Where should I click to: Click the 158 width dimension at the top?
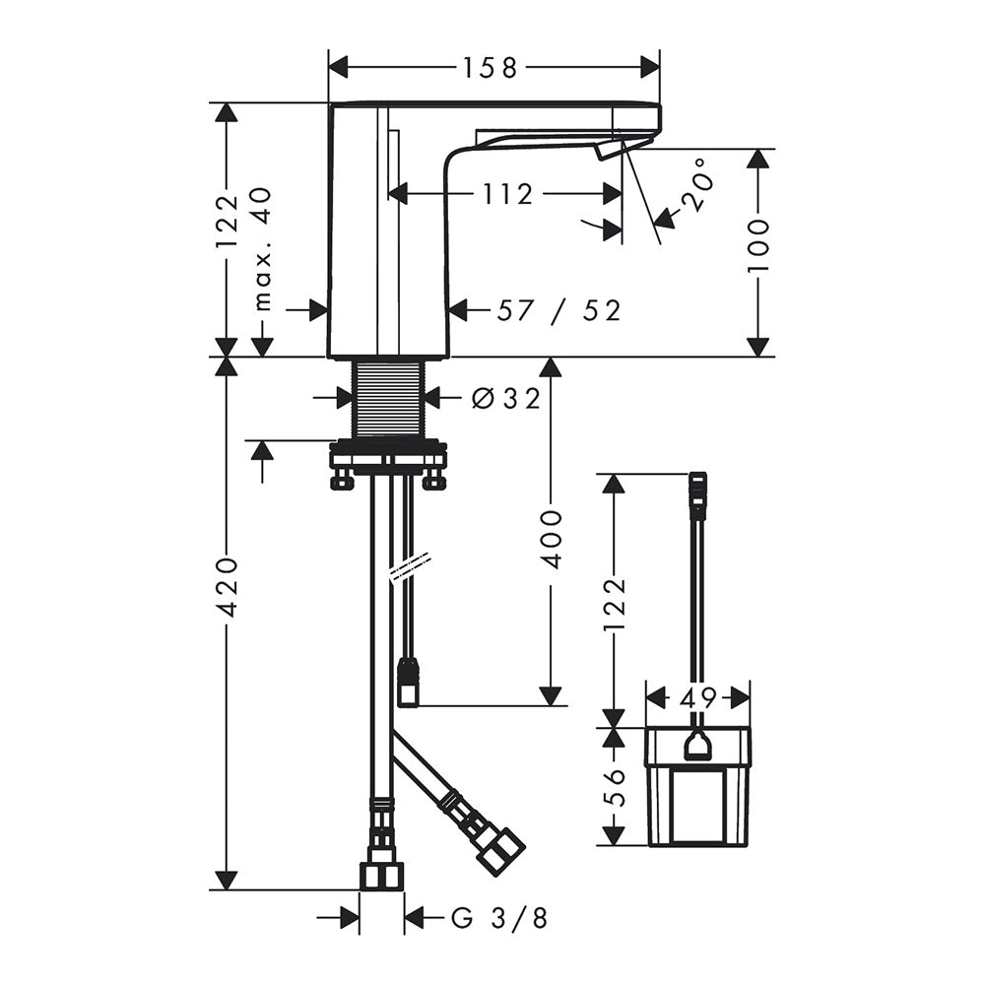click(x=490, y=68)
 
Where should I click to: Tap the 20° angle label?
click(x=698, y=184)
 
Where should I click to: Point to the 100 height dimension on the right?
click(x=758, y=245)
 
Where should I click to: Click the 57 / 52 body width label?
click(x=559, y=310)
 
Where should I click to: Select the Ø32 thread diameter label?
click(x=505, y=398)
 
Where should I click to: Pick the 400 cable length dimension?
click(x=551, y=539)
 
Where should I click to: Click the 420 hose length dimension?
click(x=227, y=585)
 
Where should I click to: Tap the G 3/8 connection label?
click(x=500, y=918)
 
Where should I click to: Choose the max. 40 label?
click(x=263, y=249)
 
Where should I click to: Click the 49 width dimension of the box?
click(x=698, y=696)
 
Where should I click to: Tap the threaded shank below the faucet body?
click(x=387, y=398)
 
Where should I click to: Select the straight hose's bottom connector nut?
click(x=380, y=877)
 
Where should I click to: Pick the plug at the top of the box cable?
click(x=698, y=493)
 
